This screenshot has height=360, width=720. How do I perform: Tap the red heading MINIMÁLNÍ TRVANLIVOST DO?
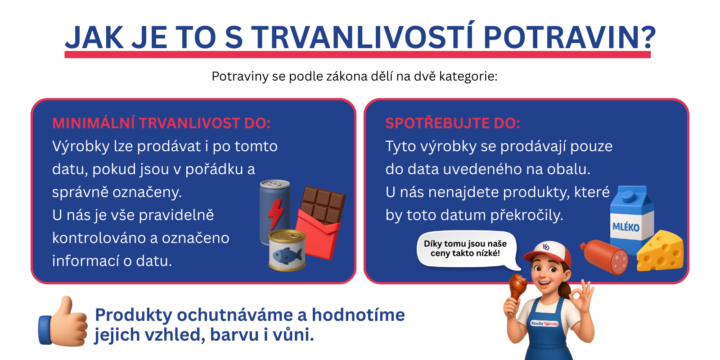point(161,123)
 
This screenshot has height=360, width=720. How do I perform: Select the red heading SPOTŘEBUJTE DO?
point(452,123)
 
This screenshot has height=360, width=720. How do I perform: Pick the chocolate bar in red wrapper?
point(320,220)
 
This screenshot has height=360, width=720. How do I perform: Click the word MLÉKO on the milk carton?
point(625,227)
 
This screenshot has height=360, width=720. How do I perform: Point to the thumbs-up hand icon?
point(63,322)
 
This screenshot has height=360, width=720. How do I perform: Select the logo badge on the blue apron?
point(544,323)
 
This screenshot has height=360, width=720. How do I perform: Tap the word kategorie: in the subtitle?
point(468,76)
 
